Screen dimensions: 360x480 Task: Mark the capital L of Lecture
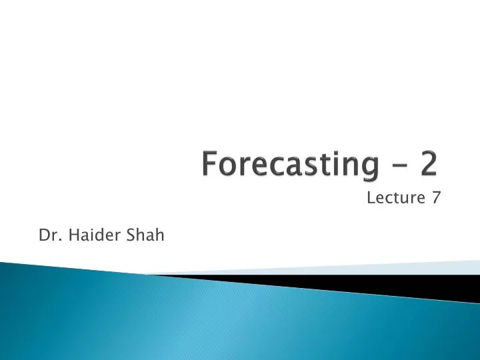point(371,198)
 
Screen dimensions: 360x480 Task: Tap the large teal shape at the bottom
point(200,320)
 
